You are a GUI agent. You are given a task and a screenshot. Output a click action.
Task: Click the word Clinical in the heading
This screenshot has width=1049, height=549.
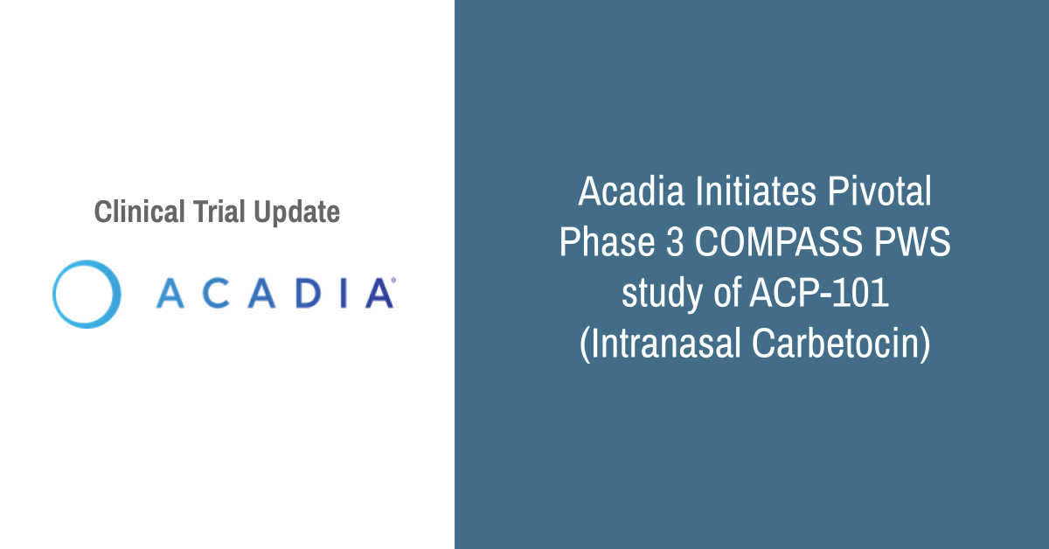140,212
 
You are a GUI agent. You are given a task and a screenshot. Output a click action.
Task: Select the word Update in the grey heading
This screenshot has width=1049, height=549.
297,213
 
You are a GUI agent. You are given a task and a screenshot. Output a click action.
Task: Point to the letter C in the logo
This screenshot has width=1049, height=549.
216,293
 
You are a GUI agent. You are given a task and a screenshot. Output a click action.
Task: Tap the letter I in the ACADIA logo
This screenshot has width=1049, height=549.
344,293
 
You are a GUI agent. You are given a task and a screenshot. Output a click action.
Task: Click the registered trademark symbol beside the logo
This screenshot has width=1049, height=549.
393,280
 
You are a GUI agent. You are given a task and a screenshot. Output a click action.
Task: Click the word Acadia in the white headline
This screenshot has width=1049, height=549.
631,191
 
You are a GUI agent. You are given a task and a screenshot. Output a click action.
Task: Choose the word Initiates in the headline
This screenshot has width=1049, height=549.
756,191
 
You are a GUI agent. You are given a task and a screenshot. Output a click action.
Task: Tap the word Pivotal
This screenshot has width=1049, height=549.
879,191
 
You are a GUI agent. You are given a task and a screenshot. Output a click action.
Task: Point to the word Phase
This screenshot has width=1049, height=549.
608,241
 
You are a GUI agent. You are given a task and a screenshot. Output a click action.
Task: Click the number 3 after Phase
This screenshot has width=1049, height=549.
675,241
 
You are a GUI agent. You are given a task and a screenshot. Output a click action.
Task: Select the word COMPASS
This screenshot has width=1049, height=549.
778,241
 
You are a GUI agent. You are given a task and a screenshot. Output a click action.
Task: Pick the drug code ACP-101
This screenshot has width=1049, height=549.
820,292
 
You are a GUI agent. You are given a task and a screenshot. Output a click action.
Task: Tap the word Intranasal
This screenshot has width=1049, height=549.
660,344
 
